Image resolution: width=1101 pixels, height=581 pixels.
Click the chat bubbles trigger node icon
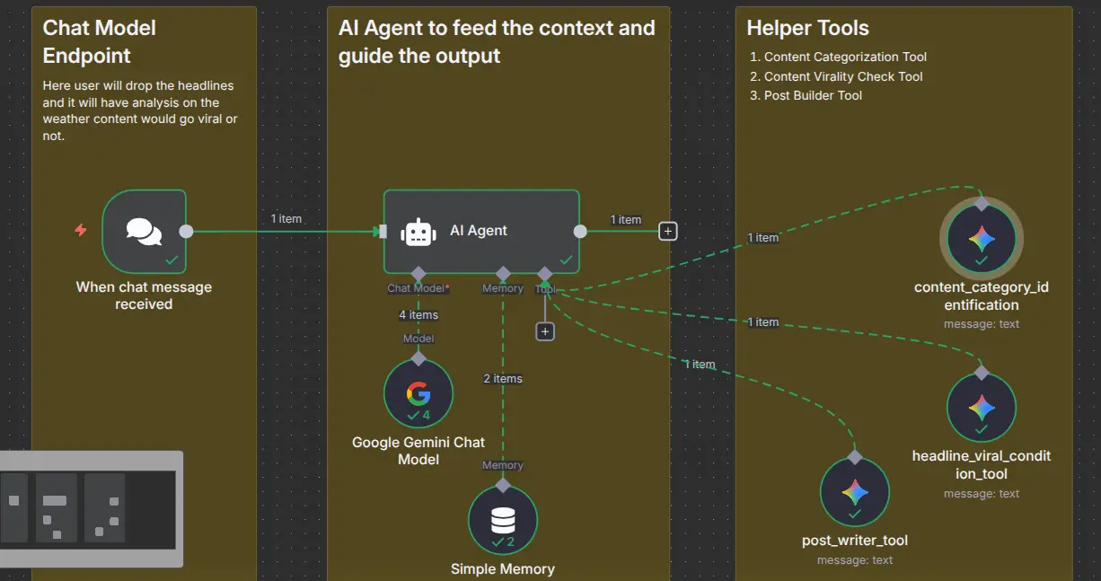coord(144,231)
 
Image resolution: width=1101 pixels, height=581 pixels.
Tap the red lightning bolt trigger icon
coord(81,231)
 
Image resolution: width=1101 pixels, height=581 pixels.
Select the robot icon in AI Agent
coord(418,232)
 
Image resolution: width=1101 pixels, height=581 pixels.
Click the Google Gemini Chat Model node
coord(418,394)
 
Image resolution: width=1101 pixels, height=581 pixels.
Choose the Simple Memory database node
coord(503,521)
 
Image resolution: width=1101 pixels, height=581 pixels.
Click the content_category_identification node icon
coord(981,239)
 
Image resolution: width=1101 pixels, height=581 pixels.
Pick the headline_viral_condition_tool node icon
coord(981,408)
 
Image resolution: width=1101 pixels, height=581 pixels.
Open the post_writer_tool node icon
coord(854,492)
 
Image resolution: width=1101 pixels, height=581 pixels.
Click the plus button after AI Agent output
coord(667,231)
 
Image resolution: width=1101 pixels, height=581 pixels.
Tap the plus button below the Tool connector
coord(545,331)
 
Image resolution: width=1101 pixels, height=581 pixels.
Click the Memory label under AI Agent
coord(503,288)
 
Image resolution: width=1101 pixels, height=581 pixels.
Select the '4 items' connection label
coord(418,315)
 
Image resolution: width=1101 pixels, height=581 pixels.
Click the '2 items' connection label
coord(503,379)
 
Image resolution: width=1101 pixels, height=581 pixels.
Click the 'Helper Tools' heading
coord(807,28)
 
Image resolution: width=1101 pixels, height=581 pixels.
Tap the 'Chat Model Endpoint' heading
coord(100,41)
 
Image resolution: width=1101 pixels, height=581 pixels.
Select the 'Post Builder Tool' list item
coord(813,96)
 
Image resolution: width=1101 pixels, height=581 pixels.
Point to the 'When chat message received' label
coord(144,295)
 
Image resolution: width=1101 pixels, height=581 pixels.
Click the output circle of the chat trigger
coord(186,231)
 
